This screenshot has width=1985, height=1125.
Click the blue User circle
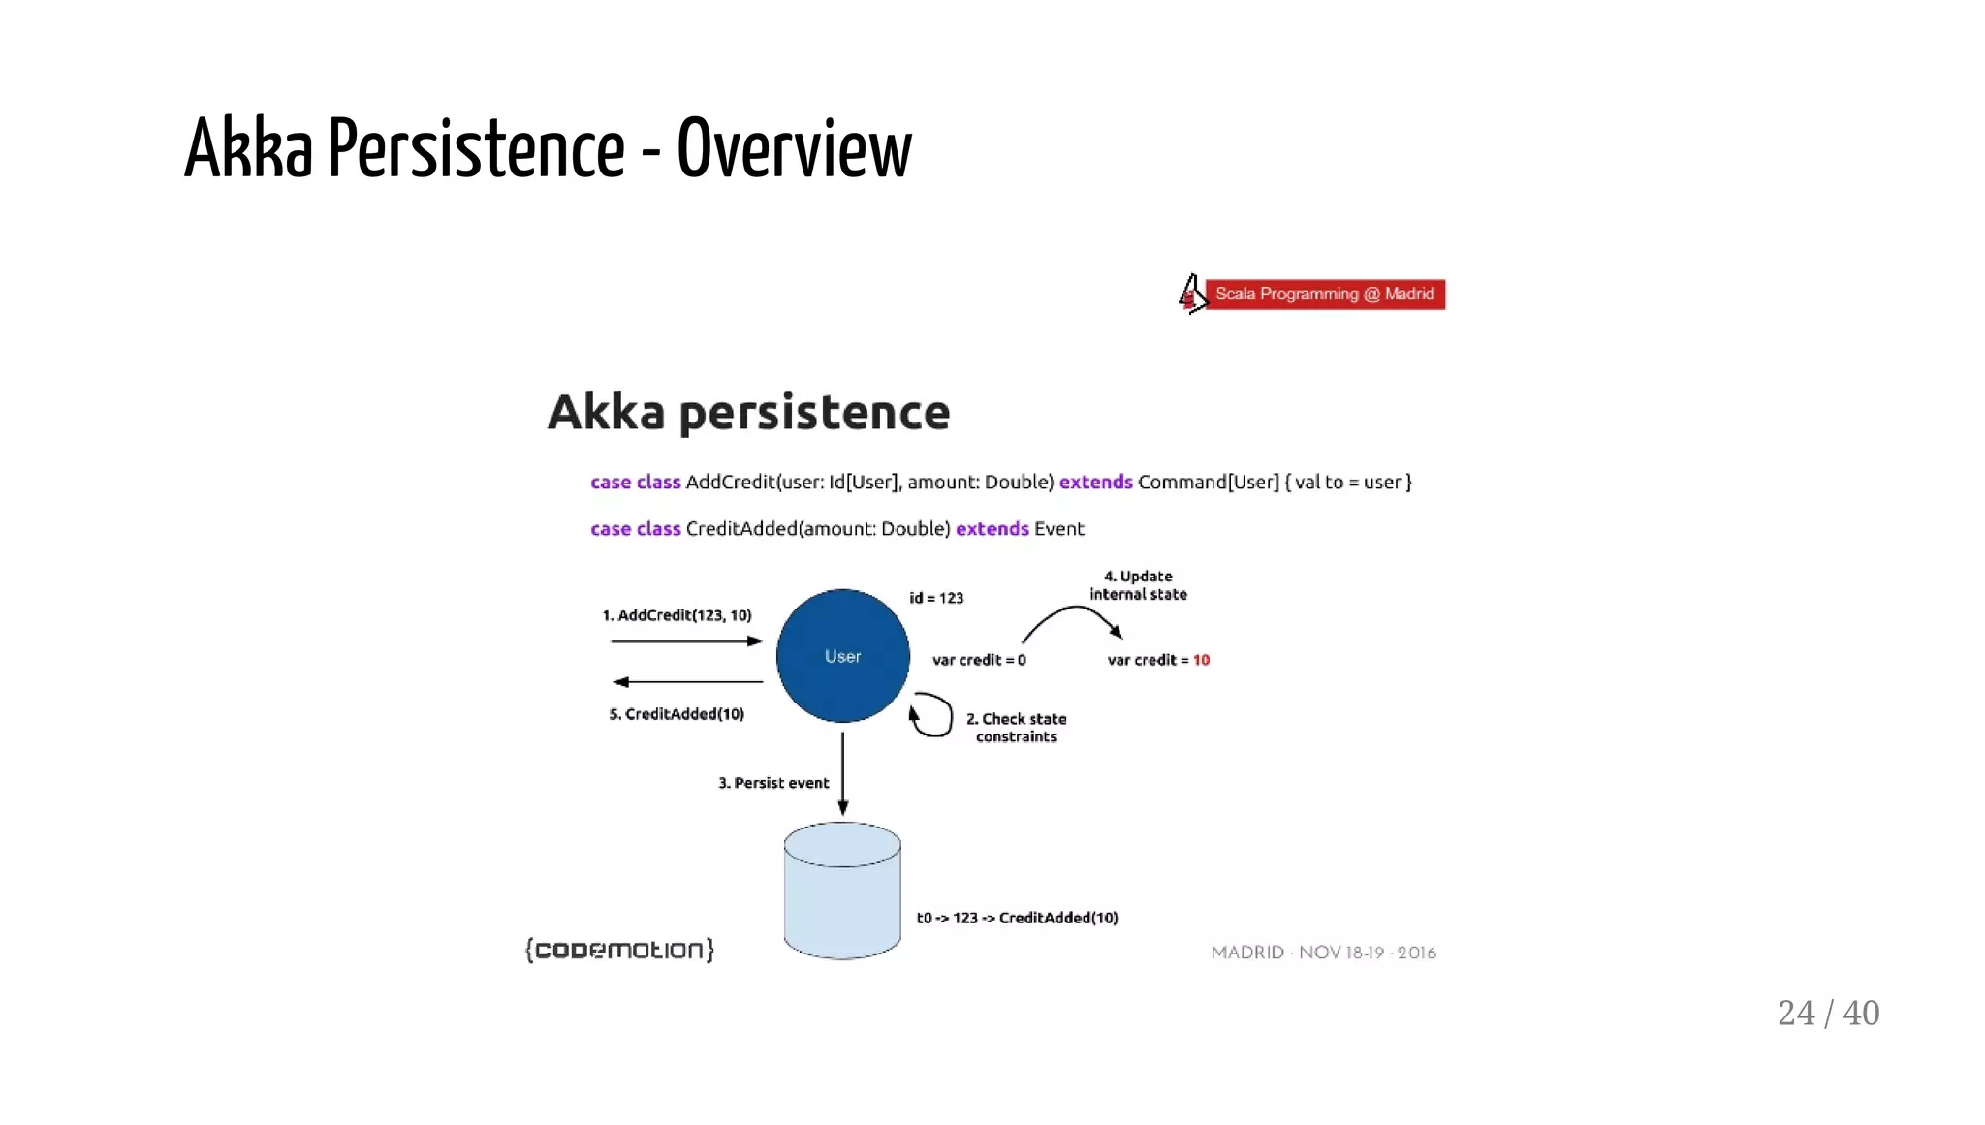click(842, 656)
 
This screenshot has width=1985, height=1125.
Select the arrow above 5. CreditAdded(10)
click(687, 682)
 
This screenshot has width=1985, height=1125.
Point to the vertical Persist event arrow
click(842, 773)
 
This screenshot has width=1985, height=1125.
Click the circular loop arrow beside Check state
click(931, 715)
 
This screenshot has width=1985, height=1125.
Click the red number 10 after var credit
click(1201, 660)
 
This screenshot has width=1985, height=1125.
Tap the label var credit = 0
click(979, 660)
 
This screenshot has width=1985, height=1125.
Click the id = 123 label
click(936, 598)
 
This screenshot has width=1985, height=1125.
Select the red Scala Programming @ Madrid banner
click(1324, 294)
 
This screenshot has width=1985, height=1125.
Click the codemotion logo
click(619, 950)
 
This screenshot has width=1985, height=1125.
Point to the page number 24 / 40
click(1828, 1013)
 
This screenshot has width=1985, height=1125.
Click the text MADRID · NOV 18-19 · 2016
click(1323, 953)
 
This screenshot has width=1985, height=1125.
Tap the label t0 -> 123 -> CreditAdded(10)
click(1017, 918)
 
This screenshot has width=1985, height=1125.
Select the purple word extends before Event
click(992, 528)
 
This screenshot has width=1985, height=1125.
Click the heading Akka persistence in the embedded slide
click(748, 412)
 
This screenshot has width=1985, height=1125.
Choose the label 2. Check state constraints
click(1016, 728)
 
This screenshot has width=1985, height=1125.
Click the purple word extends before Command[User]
click(1095, 482)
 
